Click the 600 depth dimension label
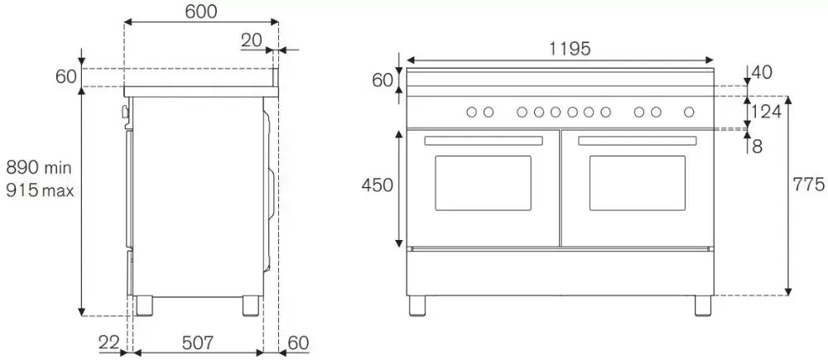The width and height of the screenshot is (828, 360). click(201, 11)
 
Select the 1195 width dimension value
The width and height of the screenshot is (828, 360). click(570, 49)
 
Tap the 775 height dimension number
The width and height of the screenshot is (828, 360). click(808, 185)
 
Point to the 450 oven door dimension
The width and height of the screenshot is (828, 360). click(378, 185)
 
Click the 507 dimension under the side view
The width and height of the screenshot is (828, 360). click(198, 343)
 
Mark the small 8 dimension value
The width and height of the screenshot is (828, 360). click(758, 146)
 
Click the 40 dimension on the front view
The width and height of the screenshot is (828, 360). click(762, 72)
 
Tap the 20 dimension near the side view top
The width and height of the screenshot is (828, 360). click(252, 40)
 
